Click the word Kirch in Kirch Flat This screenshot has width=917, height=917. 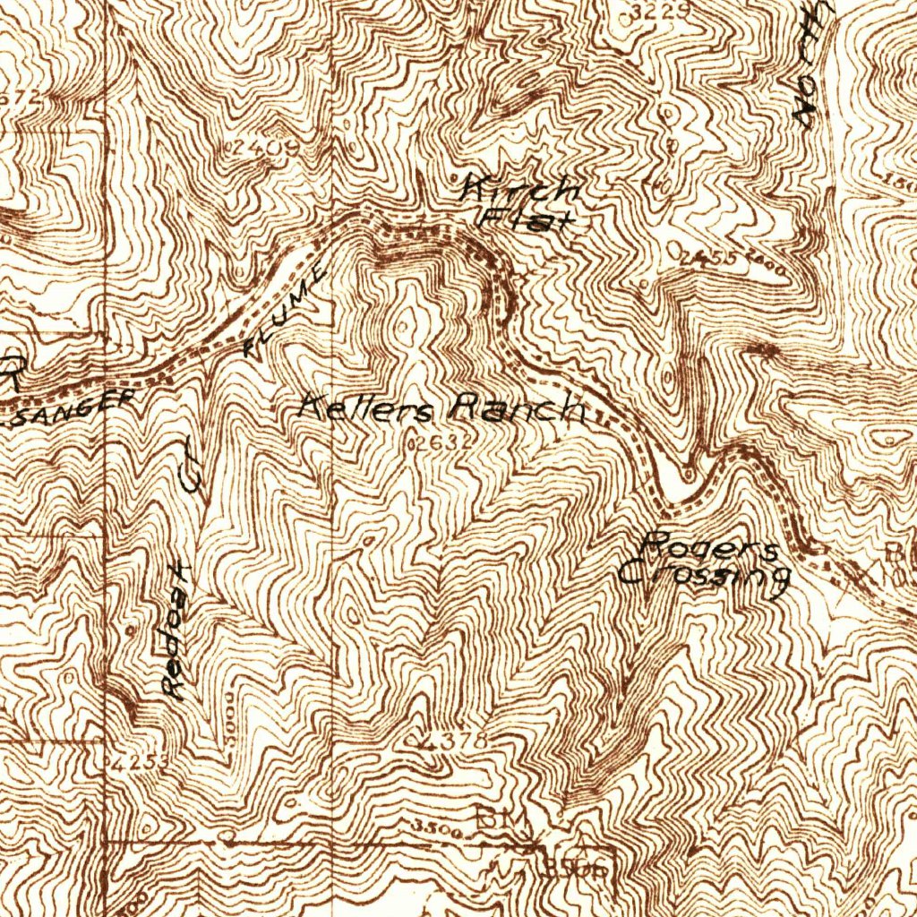(520, 190)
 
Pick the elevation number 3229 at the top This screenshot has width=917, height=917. (658, 11)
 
